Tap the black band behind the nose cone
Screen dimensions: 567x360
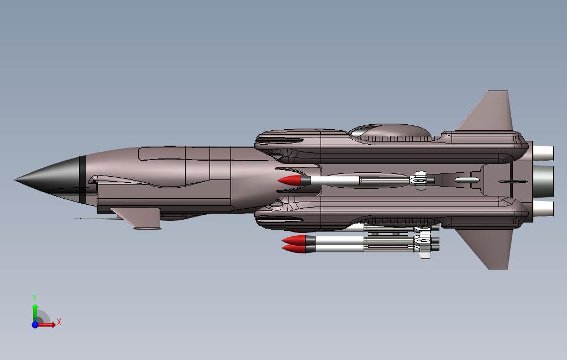point(82,180)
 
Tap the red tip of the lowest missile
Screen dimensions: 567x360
point(293,248)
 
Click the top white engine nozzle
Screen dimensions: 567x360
point(544,151)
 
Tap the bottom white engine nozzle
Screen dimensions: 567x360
point(544,208)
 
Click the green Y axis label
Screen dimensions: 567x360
point(35,298)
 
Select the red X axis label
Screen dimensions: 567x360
point(59,322)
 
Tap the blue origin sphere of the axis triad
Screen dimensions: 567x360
point(35,325)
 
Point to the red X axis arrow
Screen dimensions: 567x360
point(48,325)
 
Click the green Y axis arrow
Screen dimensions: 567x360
point(35,312)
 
